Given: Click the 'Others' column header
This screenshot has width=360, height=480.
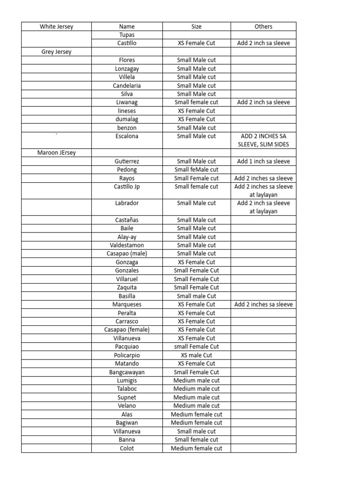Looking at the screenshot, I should click(x=263, y=27).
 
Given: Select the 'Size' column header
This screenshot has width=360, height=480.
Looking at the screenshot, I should click(x=196, y=27).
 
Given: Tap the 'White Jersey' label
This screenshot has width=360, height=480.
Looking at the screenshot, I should click(x=56, y=27).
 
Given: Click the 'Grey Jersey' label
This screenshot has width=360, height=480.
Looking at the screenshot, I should click(x=56, y=52).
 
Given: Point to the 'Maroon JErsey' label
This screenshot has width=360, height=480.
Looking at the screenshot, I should click(x=56, y=153).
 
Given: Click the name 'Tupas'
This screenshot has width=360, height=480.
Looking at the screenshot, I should click(x=127, y=35).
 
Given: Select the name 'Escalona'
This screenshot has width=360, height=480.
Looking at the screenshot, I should click(x=127, y=136).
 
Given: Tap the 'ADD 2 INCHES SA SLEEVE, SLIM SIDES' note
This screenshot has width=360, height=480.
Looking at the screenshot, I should click(x=264, y=140).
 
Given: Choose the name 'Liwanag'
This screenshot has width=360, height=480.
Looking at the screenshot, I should click(x=127, y=102).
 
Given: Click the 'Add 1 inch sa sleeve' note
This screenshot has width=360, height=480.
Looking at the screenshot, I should click(x=263, y=161).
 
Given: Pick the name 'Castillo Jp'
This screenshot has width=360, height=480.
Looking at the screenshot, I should click(x=127, y=187).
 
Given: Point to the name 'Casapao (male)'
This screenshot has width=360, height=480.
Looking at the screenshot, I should click(x=127, y=254).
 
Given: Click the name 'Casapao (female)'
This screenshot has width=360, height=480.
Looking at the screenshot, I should click(x=127, y=330).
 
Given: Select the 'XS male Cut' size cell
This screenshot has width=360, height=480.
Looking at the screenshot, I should click(x=196, y=355).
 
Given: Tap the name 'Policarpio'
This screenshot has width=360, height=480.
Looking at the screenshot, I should click(x=127, y=355).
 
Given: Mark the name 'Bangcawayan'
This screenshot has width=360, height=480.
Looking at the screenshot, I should click(x=127, y=372).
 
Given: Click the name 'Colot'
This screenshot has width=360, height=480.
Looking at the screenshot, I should click(x=127, y=448).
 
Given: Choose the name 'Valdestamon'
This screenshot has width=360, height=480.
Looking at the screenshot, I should click(x=127, y=245).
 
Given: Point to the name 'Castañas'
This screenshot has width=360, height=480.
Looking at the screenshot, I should click(x=127, y=220).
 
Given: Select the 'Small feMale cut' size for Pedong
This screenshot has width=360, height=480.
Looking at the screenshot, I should click(x=196, y=170).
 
